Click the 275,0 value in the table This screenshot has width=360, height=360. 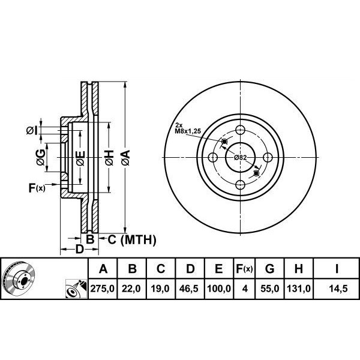(103, 289)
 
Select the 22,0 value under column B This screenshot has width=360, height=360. (131, 289)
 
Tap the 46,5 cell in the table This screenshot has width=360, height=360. (189, 289)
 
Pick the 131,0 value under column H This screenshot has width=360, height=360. (299, 289)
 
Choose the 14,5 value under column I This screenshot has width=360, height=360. (338, 289)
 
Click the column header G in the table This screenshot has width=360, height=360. (269, 268)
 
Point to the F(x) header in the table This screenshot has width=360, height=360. (244, 268)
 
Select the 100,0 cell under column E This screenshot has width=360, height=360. (219, 289)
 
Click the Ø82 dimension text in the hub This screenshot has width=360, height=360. (241, 157)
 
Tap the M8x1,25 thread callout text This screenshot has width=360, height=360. (188, 131)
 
